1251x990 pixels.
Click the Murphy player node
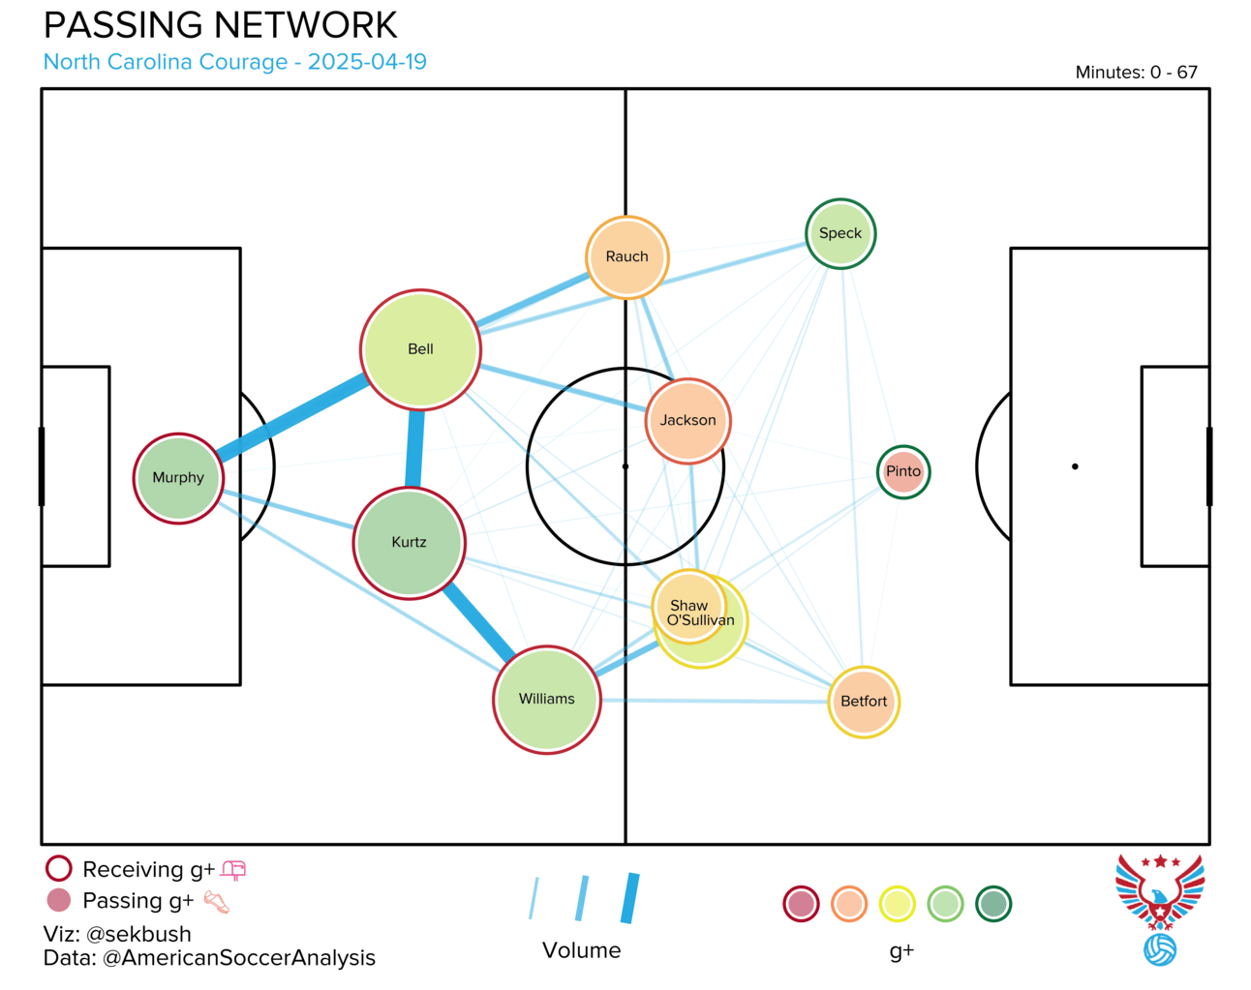click(178, 479)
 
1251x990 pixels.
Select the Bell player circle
click(420, 349)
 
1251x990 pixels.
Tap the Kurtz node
click(410, 543)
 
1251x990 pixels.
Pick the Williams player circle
click(547, 700)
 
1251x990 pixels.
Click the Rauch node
click(627, 257)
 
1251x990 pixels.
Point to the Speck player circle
click(840, 233)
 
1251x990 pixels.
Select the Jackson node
click(688, 421)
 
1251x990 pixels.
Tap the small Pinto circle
click(903, 471)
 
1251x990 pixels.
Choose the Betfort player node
click(864, 702)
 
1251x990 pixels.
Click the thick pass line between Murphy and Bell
click(291, 417)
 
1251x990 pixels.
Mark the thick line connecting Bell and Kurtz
click(414, 448)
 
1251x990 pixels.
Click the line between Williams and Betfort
click(715, 701)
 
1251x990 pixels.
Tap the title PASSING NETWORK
click(221, 25)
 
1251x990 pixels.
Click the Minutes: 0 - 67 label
click(1136, 72)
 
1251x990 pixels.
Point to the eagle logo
click(1160, 908)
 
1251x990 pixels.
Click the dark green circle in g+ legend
click(993, 904)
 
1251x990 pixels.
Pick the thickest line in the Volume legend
click(630, 898)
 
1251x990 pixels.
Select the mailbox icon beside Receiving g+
click(233, 870)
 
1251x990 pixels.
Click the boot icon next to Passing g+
click(217, 902)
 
